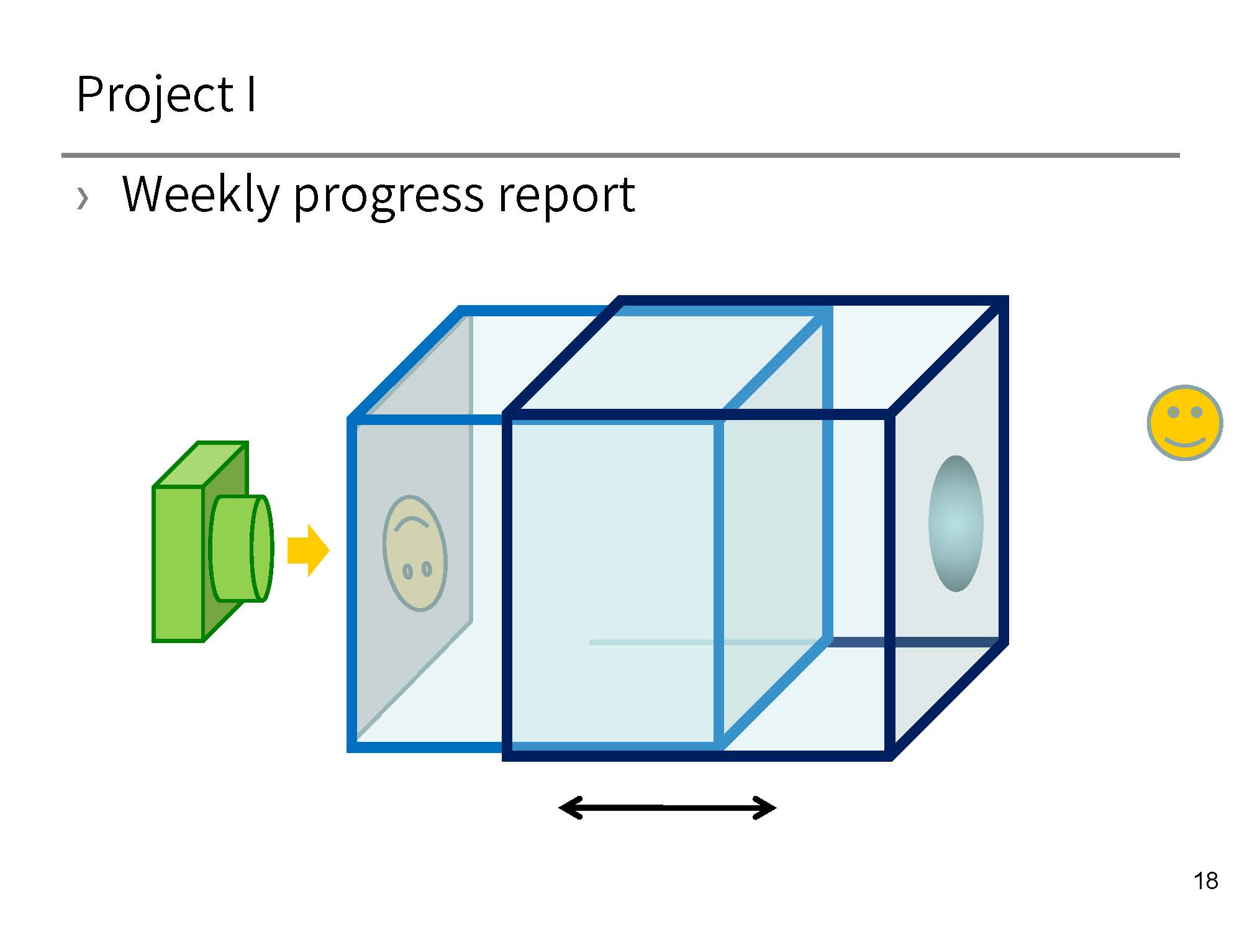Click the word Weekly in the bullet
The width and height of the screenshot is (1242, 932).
[x=200, y=194]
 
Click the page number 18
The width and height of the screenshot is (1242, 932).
[x=1205, y=880]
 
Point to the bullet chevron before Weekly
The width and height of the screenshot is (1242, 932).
[x=83, y=198]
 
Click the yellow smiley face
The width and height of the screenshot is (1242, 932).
[x=1185, y=423]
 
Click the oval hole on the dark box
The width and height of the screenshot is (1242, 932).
[x=956, y=523]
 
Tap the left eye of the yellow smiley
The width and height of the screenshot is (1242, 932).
[x=1173, y=412]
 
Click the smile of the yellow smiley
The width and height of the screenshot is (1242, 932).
[x=1185, y=442]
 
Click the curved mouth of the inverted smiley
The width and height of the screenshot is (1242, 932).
[x=412, y=524]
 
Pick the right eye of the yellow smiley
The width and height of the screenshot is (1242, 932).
[x=1197, y=412]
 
